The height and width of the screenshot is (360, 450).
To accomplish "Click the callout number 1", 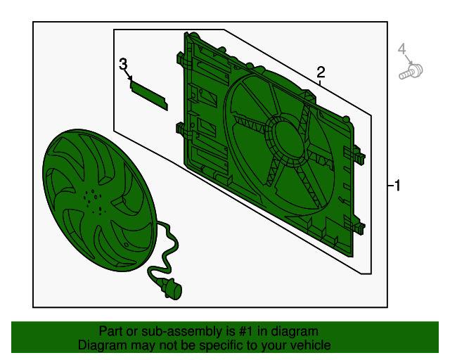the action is tap(397, 186).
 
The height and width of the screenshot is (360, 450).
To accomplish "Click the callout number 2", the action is tap(321, 72).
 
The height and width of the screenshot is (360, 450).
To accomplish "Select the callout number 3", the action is tap(123, 64).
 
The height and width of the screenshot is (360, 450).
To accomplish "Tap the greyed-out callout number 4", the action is tap(402, 49).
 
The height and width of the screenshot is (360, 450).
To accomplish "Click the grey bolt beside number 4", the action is tap(411, 72).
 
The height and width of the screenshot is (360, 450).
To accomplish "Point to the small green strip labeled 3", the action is tap(148, 95).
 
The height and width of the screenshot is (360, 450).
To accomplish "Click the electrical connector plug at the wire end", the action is tap(172, 289).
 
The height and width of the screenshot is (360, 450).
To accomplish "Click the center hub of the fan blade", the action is tap(94, 202).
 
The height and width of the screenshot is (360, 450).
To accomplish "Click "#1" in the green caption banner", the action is tap(245, 331).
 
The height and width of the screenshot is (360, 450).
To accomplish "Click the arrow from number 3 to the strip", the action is tap(129, 75).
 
